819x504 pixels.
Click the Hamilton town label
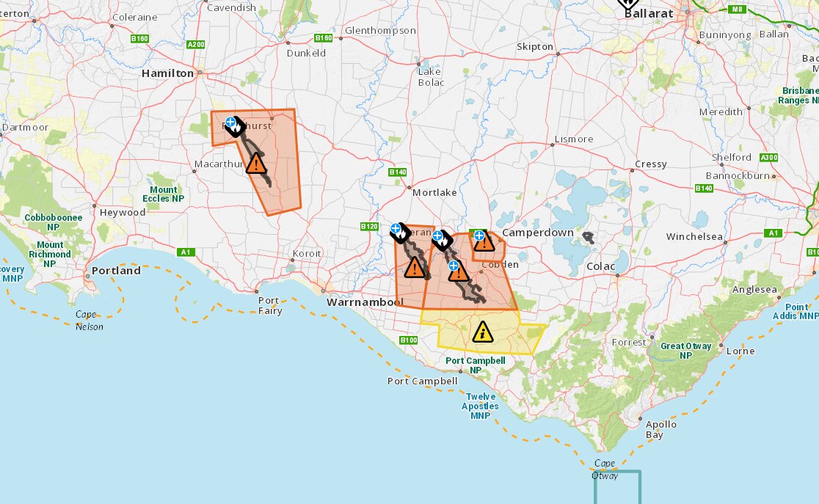[x=167, y=73]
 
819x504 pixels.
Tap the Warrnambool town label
[x=365, y=302]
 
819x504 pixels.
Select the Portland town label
[x=116, y=271]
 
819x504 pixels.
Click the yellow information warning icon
[x=482, y=332]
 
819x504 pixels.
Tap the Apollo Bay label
[x=660, y=429]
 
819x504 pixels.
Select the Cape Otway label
[x=605, y=470]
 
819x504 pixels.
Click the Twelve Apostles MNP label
[x=480, y=406]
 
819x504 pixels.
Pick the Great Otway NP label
[x=686, y=351]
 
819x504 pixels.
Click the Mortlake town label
[x=434, y=192]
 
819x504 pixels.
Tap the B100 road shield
[x=408, y=340]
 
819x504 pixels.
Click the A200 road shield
[x=196, y=45]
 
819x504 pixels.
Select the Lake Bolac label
[x=431, y=76]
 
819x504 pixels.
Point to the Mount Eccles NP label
[x=163, y=194]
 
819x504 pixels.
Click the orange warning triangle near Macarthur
[x=256, y=163]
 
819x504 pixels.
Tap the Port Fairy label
[x=269, y=305]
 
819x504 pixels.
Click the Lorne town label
[x=740, y=351]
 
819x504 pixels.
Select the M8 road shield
[x=737, y=9]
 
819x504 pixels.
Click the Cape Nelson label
[x=90, y=321]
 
